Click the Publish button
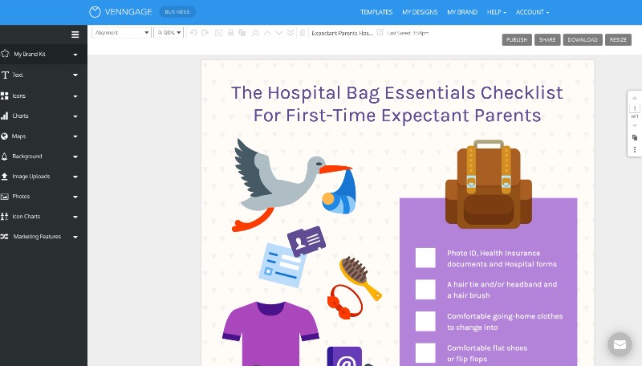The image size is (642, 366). click(517, 39)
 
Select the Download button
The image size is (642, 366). click(583, 39)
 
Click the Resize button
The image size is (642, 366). click(618, 39)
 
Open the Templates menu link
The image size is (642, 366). click(376, 12)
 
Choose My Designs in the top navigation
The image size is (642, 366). click(420, 12)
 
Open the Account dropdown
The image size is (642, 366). click(532, 12)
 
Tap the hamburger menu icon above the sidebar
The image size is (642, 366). click(75, 35)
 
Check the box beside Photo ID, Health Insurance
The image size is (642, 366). click(425, 258)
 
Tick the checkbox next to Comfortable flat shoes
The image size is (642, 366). click(425, 353)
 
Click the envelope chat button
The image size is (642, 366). click(620, 344)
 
